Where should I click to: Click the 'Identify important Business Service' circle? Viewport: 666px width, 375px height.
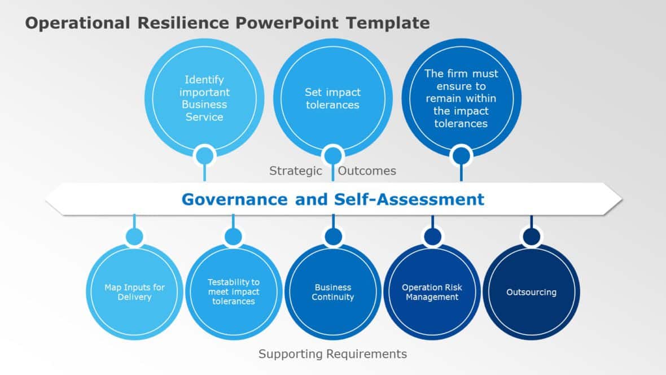point(204,98)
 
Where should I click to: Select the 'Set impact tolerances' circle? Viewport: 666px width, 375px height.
point(332,98)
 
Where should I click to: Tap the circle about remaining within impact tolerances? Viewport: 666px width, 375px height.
point(461,98)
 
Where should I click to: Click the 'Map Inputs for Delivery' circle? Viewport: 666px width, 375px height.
point(134,292)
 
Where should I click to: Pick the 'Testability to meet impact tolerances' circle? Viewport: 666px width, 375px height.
point(234,292)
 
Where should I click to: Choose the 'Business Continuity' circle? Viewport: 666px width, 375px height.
point(333,292)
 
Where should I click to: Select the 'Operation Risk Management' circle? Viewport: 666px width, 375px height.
point(432,292)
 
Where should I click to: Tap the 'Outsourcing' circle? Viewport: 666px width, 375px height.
point(531,292)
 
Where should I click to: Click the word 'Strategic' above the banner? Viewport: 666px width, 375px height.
point(296,171)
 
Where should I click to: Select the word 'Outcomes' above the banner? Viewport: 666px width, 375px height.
point(367,171)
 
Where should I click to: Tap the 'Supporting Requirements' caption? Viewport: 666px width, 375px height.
point(332,354)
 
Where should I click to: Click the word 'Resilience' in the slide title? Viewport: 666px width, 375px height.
point(183,23)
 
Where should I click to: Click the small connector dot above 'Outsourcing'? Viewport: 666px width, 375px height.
point(531,236)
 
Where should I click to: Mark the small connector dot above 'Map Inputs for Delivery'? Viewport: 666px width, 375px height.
point(134,236)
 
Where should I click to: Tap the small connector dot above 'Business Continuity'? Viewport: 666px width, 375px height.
point(333,236)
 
